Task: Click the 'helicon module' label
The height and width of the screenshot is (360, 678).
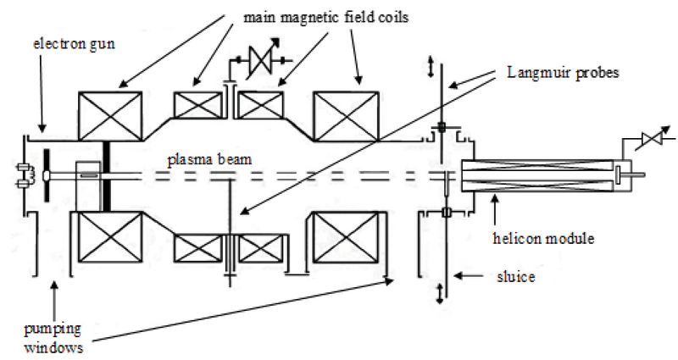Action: pyautogui.click(x=543, y=240)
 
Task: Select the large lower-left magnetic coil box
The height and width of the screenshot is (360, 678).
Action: pyautogui.click(x=109, y=238)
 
